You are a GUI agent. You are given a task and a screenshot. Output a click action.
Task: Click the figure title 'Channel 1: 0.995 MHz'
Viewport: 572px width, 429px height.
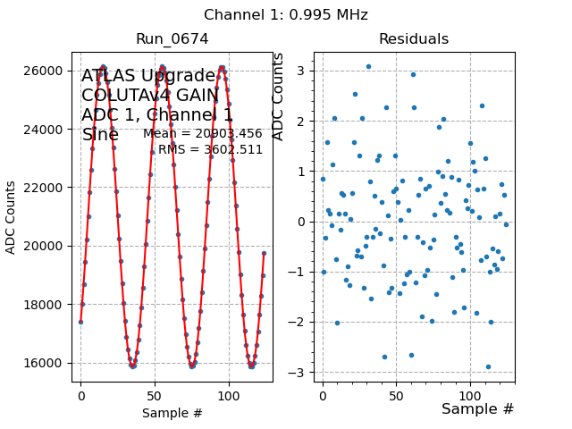click(x=286, y=15)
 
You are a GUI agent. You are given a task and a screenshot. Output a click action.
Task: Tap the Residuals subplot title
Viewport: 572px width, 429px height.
click(x=414, y=39)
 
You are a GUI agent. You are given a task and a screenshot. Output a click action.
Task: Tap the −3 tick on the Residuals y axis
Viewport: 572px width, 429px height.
click(x=302, y=373)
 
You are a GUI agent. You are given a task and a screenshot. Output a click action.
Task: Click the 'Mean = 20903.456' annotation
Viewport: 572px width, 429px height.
click(x=203, y=134)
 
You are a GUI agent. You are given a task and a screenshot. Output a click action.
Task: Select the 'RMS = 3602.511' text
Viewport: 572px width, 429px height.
click(x=211, y=150)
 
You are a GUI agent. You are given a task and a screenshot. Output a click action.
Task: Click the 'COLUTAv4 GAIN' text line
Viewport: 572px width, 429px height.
click(x=150, y=96)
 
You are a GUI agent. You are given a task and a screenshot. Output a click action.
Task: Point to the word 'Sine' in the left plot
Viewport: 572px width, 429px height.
click(x=100, y=135)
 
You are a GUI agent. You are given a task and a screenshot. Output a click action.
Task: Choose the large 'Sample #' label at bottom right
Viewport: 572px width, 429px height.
click(x=477, y=409)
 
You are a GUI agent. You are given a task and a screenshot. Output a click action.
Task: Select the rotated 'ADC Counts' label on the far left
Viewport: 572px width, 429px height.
click(x=12, y=216)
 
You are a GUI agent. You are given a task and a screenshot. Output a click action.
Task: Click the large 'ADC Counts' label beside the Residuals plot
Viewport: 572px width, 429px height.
click(x=279, y=97)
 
